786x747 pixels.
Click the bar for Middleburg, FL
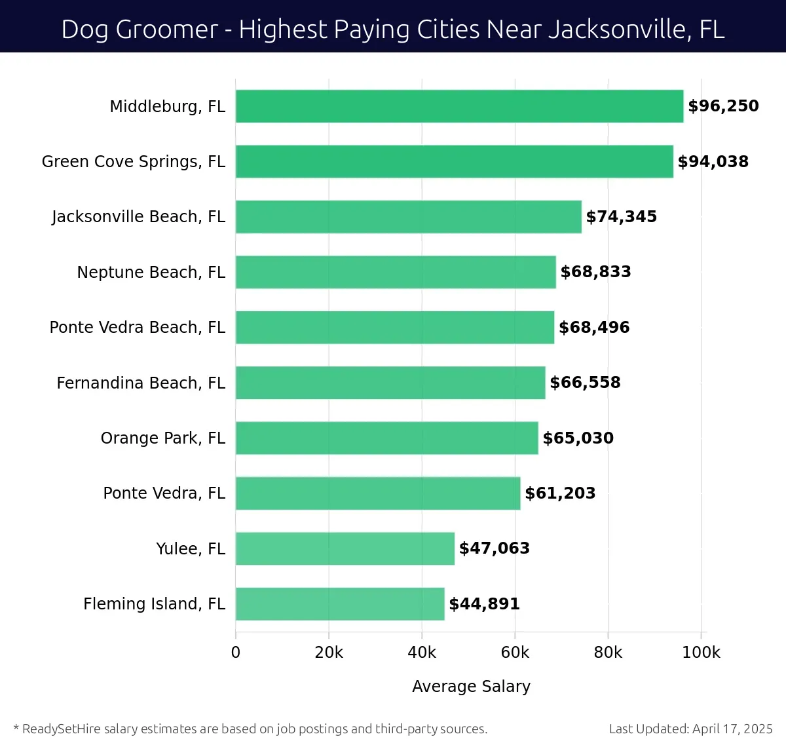pyautogui.click(x=458, y=106)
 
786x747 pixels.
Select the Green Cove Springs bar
pyautogui.click(x=454, y=161)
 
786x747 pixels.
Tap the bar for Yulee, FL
pyautogui.click(x=345, y=548)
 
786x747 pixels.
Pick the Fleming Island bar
pyautogui.click(x=339, y=603)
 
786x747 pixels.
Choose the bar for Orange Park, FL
pyautogui.click(x=386, y=438)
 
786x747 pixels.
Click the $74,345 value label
pyautogui.click(x=621, y=217)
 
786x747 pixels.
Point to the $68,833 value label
pyautogui.click(x=595, y=272)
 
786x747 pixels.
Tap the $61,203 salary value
pyautogui.click(x=560, y=493)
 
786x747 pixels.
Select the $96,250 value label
pyautogui.click(x=723, y=106)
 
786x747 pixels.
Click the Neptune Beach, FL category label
pyautogui.click(x=151, y=272)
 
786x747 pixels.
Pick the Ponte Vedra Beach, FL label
pyautogui.click(x=137, y=327)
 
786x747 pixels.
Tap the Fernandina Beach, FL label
pyautogui.click(x=141, y=383)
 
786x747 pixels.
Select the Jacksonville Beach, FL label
pyautogui.click(x=138, y=217)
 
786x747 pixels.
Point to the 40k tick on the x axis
pyautogui.click(x=422, y=653)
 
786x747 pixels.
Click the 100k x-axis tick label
pyautogui.click(x=701, y=653)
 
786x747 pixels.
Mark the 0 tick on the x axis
pyautogui.click(x=236, y=653)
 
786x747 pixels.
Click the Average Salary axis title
pyautogui.click(x=471, y=686)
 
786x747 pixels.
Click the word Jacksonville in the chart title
pyautogui.click(x=614, y=29)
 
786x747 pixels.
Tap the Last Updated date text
pyautogui.click(x=690, y=729)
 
